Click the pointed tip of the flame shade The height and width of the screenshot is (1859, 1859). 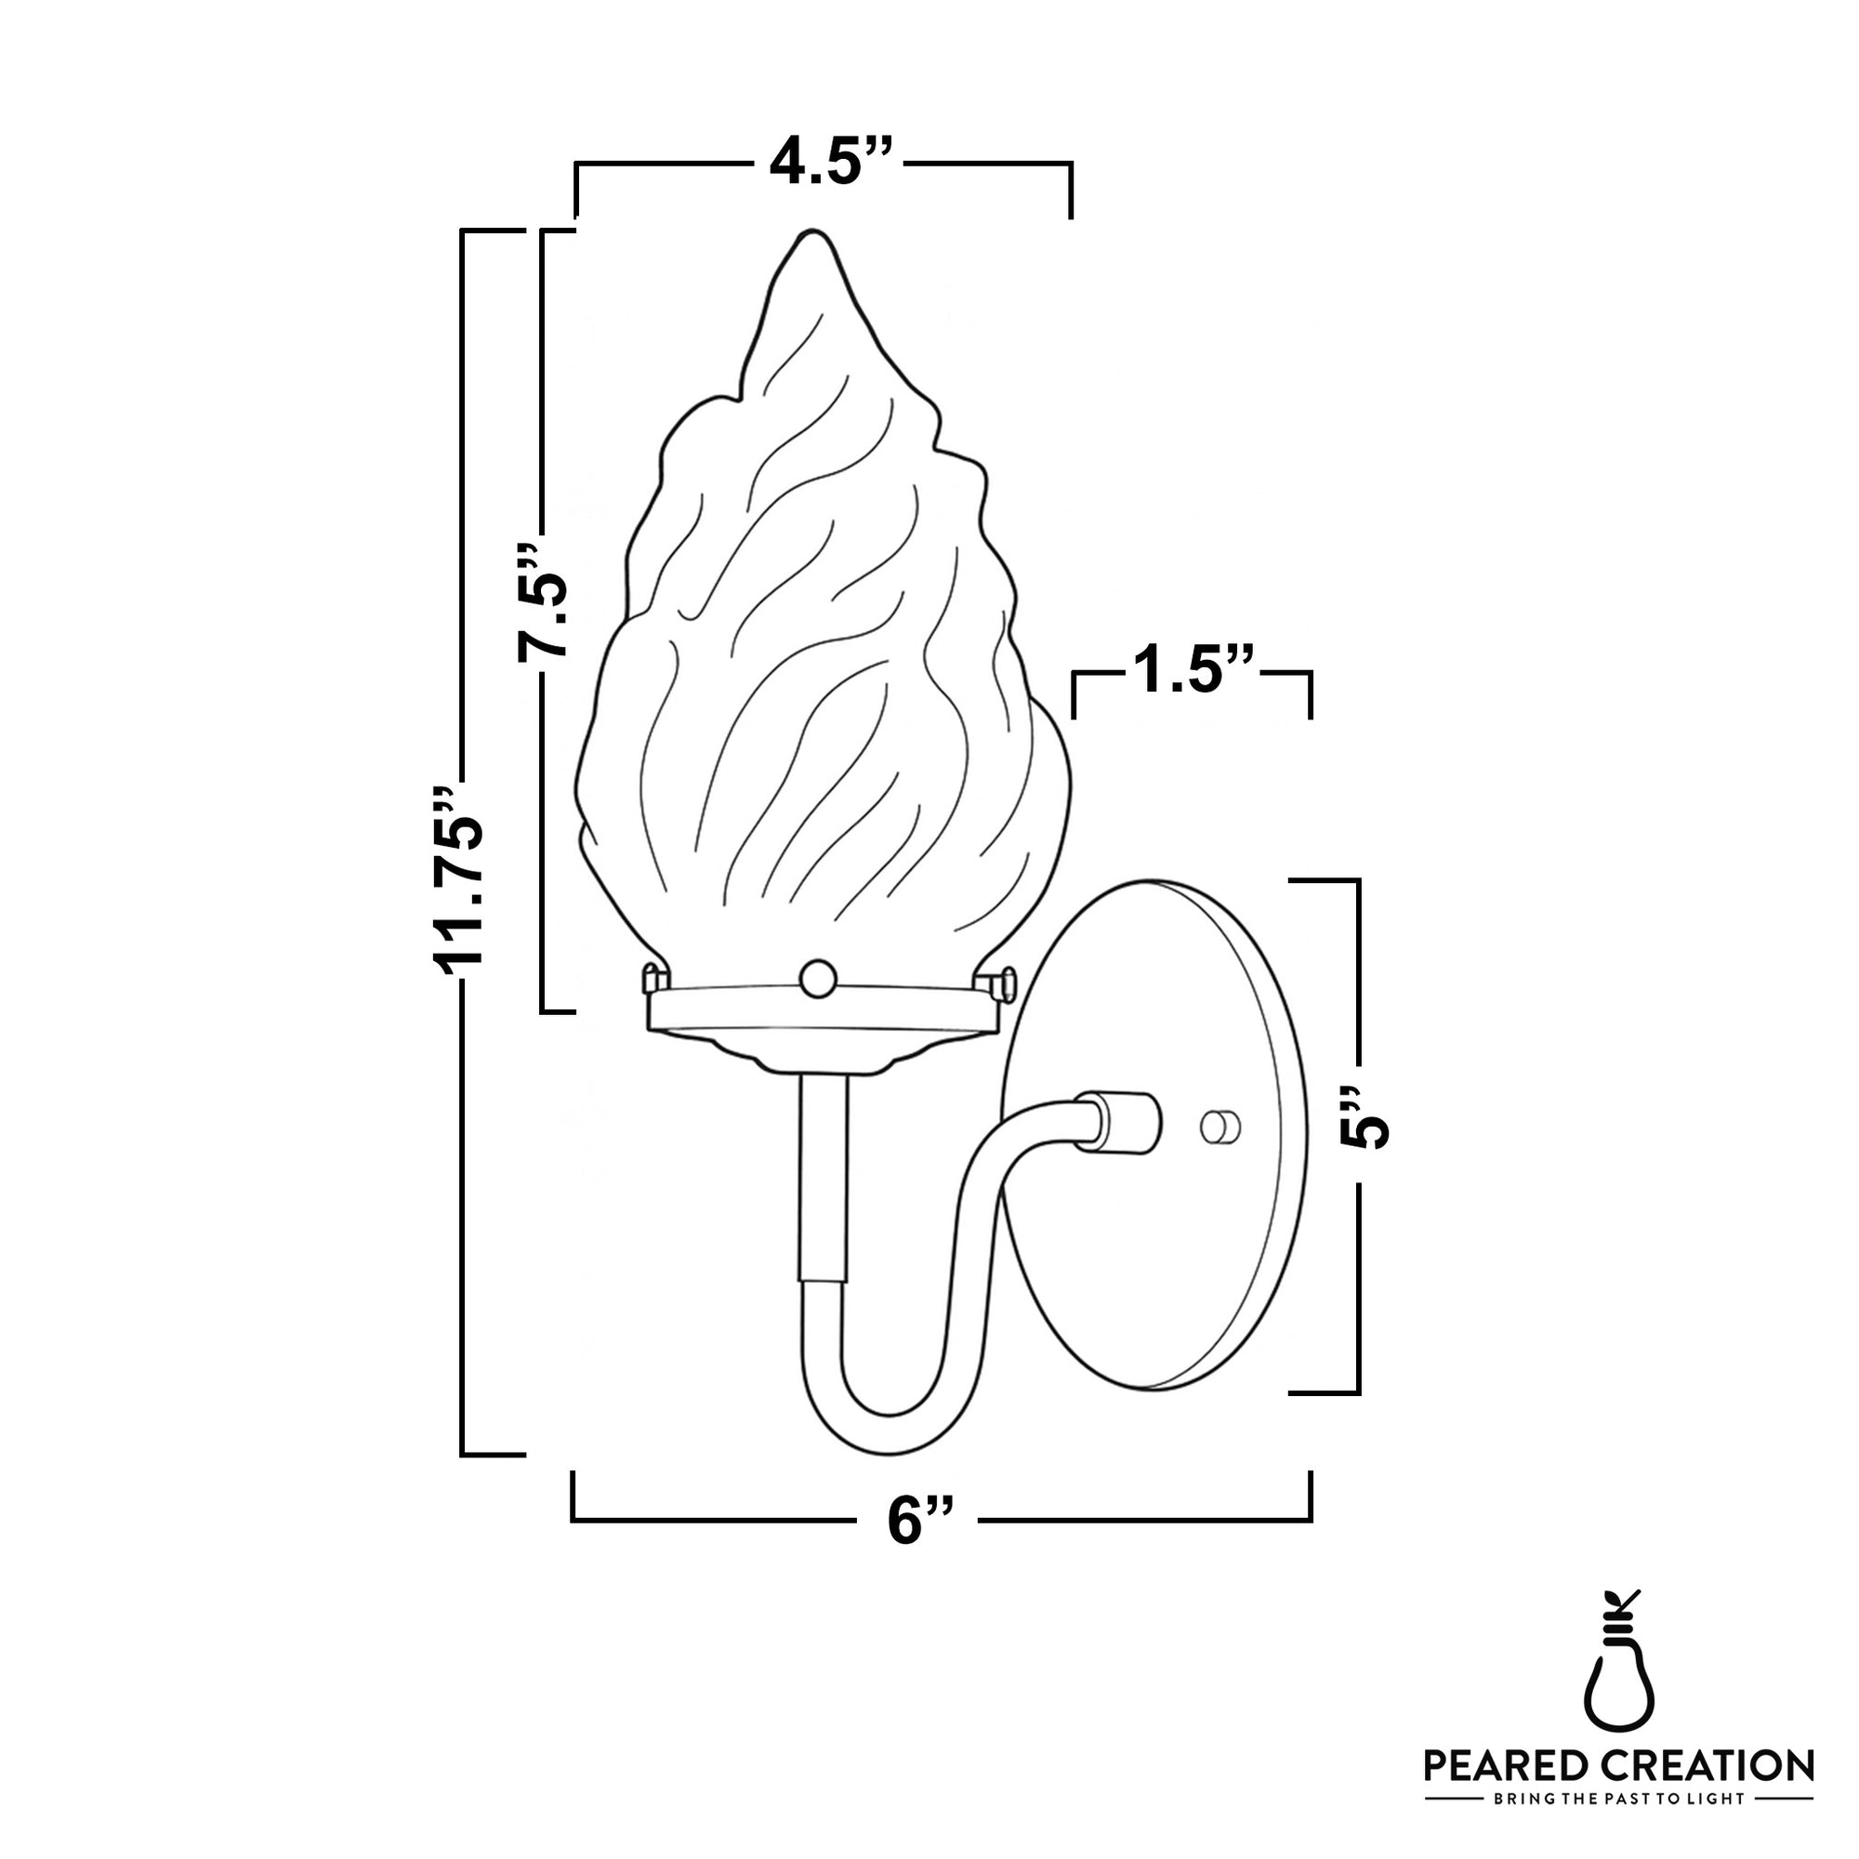point(814,236)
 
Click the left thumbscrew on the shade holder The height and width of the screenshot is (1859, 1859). point(653,979)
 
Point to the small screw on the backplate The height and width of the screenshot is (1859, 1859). point(1221,1127)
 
